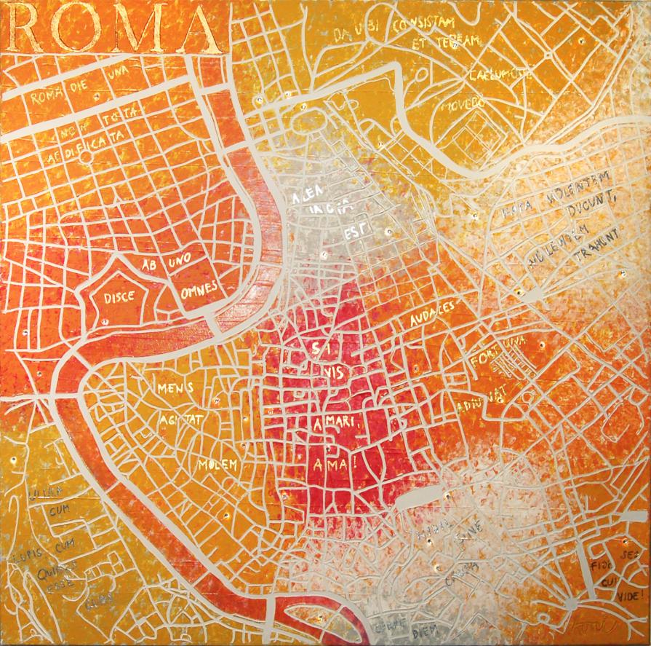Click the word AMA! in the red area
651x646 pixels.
[324, 464]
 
